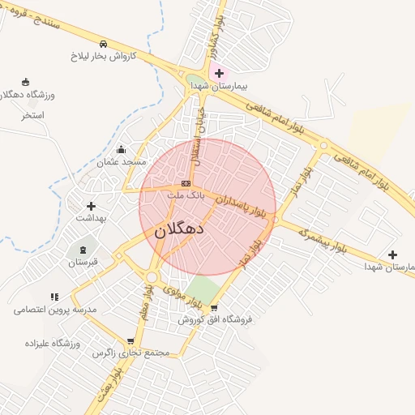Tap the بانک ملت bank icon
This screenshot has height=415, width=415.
pos(186,184)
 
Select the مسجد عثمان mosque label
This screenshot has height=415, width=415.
pos(122,162)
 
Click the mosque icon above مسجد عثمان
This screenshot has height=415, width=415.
pos(122,149)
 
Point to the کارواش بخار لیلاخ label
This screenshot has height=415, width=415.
pos(103,57)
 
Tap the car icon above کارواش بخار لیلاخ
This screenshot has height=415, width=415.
pos(103,44)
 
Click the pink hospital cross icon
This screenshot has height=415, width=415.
pos(219,74)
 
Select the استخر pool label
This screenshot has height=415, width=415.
pos(33,115)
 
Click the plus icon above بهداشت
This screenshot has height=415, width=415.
pos(91,206)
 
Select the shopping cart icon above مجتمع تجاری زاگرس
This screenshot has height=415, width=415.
pos(130,341)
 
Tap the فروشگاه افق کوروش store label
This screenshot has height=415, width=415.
pos(216,319)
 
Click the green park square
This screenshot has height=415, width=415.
pos(200,291)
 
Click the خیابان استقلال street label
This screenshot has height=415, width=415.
pos(197,138)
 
